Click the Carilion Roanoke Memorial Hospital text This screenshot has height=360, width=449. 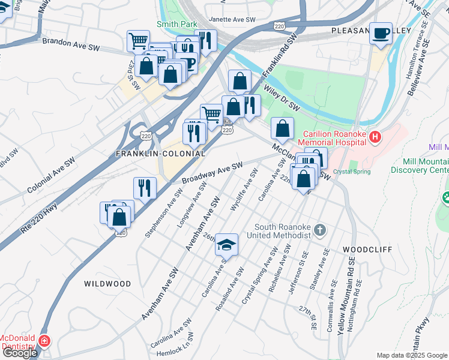pyautogui.click(x=333, y=138)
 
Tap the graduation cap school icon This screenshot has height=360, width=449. pyautogui.click(x=227, y=244)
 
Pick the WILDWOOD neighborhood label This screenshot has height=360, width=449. pyautogui.click(x=107, y=283)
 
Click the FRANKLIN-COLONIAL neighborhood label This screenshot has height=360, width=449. pyautogui.click(x=160, y=154)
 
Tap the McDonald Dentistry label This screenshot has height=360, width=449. pyautogui.click(x=18, y=341)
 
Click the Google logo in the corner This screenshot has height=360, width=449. pyautogui.click(x=19, y=353)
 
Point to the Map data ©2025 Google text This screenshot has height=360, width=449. pyautogui.click(x=412, y=355)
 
